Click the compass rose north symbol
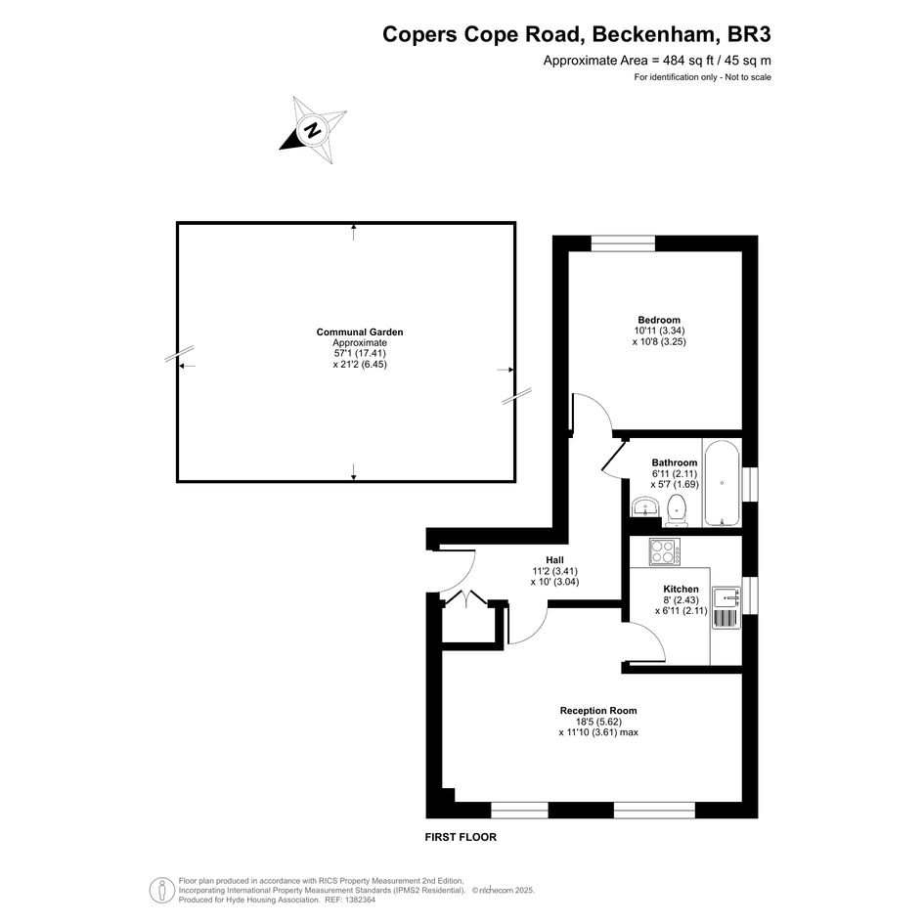tap(312, 130)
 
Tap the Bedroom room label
tap(659, 320)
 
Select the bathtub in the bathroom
tap(722, 483)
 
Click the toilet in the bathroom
tap(677, 510)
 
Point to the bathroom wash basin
tap(646, 506)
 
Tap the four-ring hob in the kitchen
tap(665, 552)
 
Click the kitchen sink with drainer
tap(726, 607)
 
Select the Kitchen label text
tap(681, 589)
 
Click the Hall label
tap(554, 560)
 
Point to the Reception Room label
tap(598, 710)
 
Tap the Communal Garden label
tap(360, 331)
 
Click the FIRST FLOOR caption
tap(461, 837)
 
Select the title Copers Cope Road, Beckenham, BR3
tap(576, 34)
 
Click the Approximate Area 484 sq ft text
tap(657, 60)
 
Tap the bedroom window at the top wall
tap(623, 243)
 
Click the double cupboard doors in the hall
tap(466, 598)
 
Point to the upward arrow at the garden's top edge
tap(354, 232)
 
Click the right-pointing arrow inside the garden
tap(506, 370)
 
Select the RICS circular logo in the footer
tap(161, 891)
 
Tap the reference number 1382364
tap(358, 900)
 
